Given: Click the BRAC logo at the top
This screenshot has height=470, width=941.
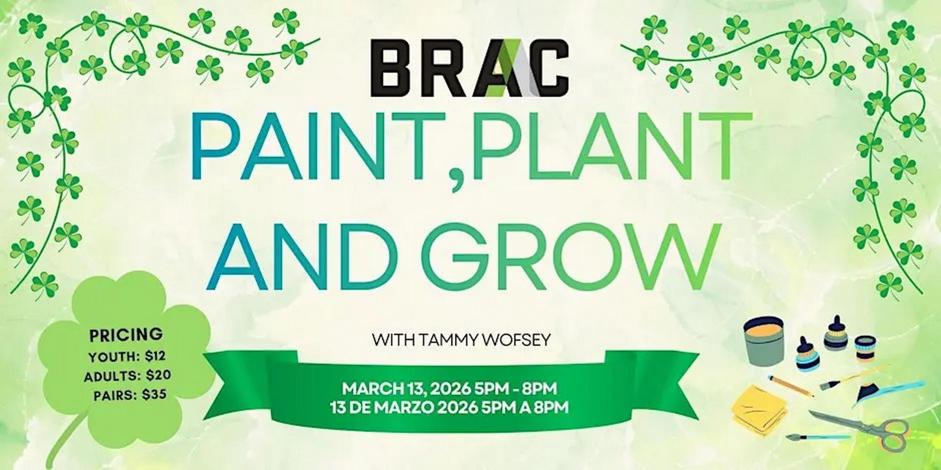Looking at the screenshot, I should [x=470, y=68].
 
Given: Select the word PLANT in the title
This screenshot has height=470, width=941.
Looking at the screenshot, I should [x=608, y=146].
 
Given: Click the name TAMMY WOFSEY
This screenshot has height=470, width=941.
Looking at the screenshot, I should [x=495, y=339].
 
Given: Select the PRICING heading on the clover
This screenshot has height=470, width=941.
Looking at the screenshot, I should [x=126, y=335].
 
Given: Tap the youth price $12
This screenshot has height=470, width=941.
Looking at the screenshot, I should [x=155, y=357].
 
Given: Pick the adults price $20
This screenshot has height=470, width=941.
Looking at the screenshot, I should [x=158, y=376].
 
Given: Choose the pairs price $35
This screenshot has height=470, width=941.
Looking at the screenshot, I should [x=154, y=394].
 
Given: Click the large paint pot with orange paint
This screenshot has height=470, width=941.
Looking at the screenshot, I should [x=764, y=340].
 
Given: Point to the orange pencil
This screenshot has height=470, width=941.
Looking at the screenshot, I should [x=790, y=386].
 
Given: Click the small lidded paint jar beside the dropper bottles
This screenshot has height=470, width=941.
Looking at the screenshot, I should [x=865, y=347].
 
